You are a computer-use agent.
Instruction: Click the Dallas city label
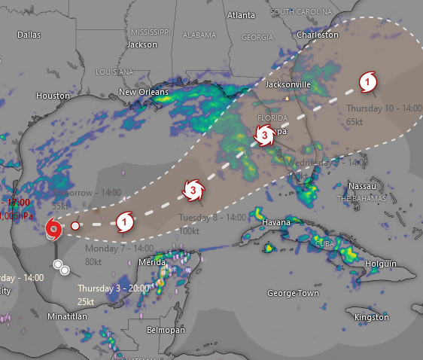pyautogui.click(x=28, y=35)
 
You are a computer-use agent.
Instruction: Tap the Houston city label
pyautogui.click(x=53, y=96)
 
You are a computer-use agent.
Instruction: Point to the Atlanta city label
pyautogui.click(x=241, y=15)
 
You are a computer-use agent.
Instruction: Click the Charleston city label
pyautogui.click(x=318, y=35)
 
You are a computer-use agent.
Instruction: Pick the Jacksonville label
pyautogui.click(x=286, y=85)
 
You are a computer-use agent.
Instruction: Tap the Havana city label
pyautogui.click(x=277, y=222)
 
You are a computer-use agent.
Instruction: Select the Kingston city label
pyautogui.click(x=372, y=318)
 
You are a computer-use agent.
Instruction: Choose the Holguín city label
pyautogui.click(x=380, y=264)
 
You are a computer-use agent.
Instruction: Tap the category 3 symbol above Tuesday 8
pyautogui.click(x=193, y=191)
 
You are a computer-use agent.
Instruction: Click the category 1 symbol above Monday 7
pyautogui.click(x=126, y=221)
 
